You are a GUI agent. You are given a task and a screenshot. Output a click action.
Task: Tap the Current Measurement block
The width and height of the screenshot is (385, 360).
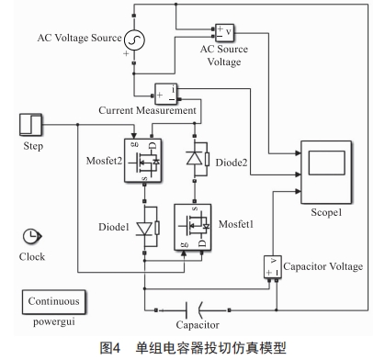[x=167, y=94]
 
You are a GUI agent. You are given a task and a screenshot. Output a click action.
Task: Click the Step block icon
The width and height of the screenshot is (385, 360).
[x=32, y=124]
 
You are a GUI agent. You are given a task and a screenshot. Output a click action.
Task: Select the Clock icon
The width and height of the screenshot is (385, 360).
[x=31, y=238]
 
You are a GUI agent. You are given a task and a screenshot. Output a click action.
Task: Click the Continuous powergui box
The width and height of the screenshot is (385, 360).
[x=53, y=300]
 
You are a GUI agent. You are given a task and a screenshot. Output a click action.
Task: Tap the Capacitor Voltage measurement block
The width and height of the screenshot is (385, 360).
[x=273, y=267]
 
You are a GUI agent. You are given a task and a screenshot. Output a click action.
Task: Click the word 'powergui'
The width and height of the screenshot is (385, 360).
[x=53, y=321]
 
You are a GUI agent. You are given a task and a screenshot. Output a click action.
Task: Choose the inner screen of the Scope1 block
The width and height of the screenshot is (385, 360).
[x=324, y=163]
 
